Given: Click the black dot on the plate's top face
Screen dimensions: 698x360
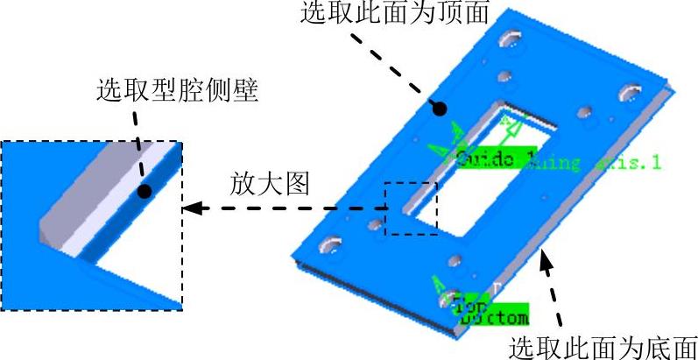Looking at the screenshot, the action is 441,108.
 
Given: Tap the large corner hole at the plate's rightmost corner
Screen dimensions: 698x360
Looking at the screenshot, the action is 630,91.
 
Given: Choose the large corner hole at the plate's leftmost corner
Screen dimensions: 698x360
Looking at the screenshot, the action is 332,245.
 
